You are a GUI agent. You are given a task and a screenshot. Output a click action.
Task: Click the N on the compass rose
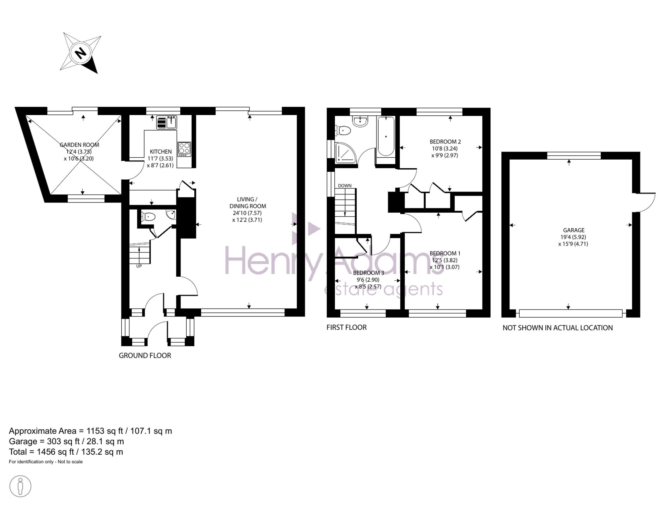(x=80, y=53)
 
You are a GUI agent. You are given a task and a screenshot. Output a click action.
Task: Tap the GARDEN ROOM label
(x=79, y=145)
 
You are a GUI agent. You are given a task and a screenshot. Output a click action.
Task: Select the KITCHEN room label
(x=161, y=152)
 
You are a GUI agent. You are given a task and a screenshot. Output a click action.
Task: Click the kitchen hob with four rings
(x=184, y=149)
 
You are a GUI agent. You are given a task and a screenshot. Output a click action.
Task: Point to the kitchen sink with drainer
(x=166, y=122)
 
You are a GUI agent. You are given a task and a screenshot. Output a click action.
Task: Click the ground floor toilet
(x=148, y=217)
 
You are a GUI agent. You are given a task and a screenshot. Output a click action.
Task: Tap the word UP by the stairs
(x=139, y=266)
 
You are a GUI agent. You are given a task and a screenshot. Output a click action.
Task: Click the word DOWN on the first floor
(x=345, y=186)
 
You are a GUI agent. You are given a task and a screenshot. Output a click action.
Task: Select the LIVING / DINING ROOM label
(x=248, y=203)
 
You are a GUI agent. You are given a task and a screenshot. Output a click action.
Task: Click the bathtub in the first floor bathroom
(x=386, y=136)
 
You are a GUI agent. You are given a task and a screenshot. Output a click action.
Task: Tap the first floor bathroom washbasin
(x=360, y=121)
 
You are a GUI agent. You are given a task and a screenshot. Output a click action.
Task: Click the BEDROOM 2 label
(x=445, y=142)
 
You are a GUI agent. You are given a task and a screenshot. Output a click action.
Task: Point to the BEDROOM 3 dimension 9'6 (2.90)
(x=368, y=280)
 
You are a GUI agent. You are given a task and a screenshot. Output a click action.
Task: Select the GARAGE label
(x=574, y=230)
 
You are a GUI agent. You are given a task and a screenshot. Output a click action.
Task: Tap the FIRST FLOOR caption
(x=346, y=327)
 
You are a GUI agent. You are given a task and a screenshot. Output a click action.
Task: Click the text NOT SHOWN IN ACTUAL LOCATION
(x=557, y=328)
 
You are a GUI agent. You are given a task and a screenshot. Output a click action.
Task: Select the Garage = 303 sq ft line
(x=66, y=441)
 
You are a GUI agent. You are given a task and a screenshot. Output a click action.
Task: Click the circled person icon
(x=20, y=486)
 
